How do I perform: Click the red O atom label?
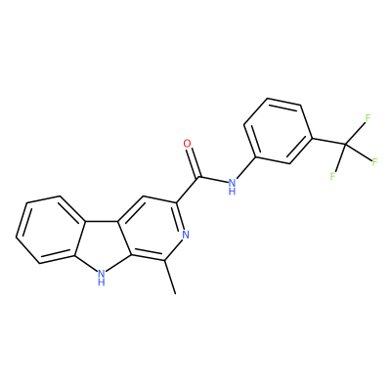pos(187,144)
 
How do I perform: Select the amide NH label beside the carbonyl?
pos(232,186)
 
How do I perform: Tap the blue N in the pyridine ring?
pos(186,235)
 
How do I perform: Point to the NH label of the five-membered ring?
pos(102,277)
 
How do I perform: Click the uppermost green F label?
pos(368,117)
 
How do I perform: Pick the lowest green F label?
pos(332,177)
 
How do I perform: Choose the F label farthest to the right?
pos(374,161)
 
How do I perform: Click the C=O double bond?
pos(193,162)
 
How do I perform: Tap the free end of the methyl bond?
pos(176,294)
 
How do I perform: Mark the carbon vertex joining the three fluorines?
pos(345,144)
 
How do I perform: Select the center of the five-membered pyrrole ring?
pos(101,245)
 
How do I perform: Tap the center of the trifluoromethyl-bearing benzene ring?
pos(278,131)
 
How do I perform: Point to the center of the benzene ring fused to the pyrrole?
pos(52,230)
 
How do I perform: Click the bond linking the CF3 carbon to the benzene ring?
pos(329,141)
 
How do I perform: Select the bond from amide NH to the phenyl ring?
pos(246,168)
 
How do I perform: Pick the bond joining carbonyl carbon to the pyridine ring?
pos(187,191)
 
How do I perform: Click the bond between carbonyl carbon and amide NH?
pos(212,180)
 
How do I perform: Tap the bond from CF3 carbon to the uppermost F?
pos(355,133)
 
